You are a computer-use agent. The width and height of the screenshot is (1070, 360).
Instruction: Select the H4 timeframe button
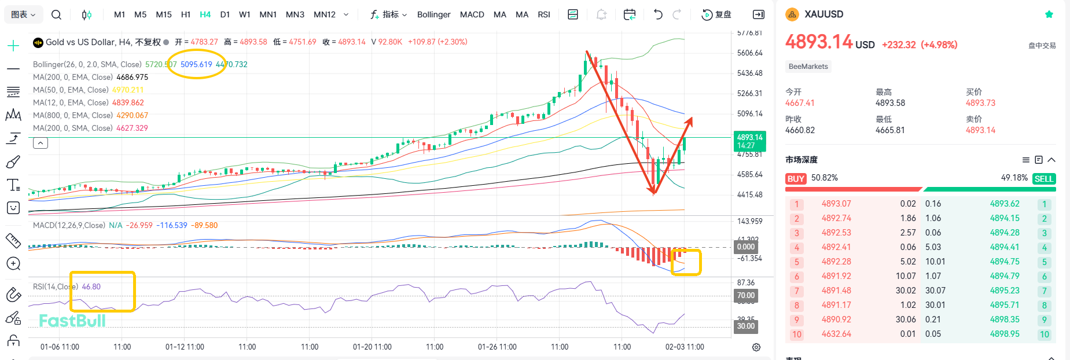(x=205, y=14)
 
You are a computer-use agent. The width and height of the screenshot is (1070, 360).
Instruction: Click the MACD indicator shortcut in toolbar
(x=472, y=14)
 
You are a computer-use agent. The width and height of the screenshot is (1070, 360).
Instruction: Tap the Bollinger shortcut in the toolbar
(x=433, y=14)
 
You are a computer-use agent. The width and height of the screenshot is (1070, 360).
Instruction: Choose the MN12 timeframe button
(x=324, y=14)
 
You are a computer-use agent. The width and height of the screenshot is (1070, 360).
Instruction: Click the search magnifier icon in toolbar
(x=56, y=14)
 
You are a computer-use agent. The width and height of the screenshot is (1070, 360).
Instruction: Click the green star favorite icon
(x=1049, y=14)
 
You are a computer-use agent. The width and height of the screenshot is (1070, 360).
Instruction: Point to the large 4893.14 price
(x=819, y=42)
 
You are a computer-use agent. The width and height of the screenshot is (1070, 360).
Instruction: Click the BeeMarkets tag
(x=808, y=67)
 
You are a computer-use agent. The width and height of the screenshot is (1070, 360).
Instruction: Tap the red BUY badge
(x=796, y=179)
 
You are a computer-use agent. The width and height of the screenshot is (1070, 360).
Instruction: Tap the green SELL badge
(x=1043, y=179)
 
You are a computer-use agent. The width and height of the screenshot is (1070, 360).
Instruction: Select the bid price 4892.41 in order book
(x=836, y=247)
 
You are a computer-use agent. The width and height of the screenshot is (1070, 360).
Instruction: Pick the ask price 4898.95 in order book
(x=1005, y=334)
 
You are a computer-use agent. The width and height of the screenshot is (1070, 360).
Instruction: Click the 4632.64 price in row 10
(x=836, y=334)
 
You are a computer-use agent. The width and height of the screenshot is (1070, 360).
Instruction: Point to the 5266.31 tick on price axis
(x=749, y=93)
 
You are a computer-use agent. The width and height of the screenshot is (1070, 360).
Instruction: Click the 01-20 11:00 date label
(x=372, y=347)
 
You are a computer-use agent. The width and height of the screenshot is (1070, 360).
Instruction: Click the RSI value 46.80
(x=91, y=286)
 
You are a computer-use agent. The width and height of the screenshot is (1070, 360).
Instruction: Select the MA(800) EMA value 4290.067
(x=132, y=115)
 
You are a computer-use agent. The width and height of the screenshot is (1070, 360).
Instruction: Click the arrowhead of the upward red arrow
(x=690, y=120)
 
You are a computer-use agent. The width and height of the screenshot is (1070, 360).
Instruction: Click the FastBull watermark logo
(x=72, y=321)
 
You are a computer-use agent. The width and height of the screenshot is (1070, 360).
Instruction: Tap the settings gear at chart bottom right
(x=756, y=347)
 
